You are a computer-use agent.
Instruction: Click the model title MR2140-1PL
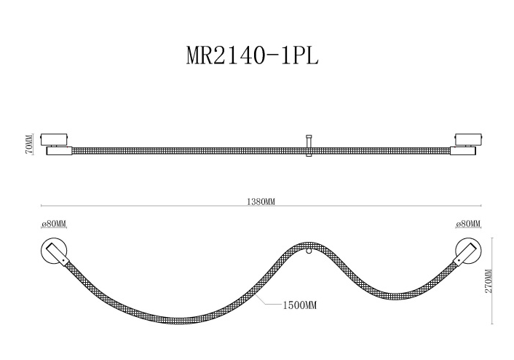click(253, 55)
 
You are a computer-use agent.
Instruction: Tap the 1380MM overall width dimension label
click(261, 201)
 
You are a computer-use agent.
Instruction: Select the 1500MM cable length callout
click(300, 305)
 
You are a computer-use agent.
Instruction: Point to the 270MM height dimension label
click(488, 281)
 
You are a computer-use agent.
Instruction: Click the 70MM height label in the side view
click(29, 144)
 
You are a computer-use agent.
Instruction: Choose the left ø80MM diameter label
click(54, 224)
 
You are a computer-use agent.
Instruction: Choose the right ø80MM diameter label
click(468, 224)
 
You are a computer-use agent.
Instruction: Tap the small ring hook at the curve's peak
click(308, 251)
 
